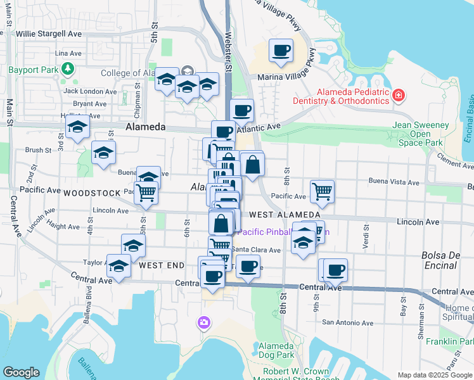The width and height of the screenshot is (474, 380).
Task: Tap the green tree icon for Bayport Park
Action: coord(67,68)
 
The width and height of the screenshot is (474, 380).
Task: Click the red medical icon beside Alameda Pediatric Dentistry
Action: coord(399,96)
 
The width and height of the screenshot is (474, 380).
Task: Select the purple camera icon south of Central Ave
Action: coord(203,323)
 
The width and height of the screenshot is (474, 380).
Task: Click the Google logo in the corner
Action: coord(21,372)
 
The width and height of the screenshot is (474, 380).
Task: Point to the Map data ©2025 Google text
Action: coord(434,375)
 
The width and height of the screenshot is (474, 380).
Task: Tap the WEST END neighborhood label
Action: coord(162,265)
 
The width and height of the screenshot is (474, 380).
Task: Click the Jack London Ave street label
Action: coord(90,91)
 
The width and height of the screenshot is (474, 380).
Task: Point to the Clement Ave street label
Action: coord(454,163)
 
